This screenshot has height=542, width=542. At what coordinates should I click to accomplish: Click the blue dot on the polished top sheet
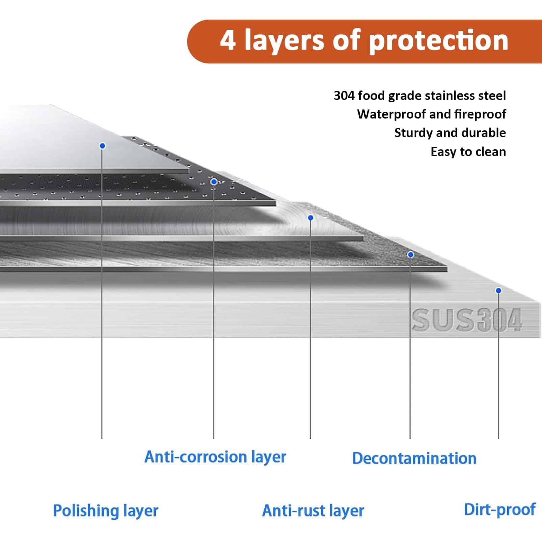(x=102, y=146)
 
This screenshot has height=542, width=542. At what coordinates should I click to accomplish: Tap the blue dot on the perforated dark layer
(x=214, y=182)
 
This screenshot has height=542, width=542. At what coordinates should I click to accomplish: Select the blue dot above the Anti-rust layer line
(x=311, y=218)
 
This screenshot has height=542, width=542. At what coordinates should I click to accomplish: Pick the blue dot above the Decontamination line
(x=411, y=255)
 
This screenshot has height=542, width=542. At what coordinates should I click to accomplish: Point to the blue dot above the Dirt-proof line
(x=498, y=291)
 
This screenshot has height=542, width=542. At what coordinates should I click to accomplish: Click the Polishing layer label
(x=106, y=511)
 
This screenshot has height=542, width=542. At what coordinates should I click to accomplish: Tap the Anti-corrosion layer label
(x=215, y=457)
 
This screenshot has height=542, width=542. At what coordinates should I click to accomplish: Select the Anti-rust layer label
(x=313, y=511)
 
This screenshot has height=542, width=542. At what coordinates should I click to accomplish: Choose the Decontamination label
(x=414, y=458)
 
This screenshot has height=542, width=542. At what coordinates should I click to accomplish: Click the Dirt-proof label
(x=500, y=510)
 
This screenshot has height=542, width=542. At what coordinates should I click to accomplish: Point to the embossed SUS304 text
(x=467, y=320)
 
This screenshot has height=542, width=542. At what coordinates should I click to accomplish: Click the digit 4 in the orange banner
(x=228, y=40)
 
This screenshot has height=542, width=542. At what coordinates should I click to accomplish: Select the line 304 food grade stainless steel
(x=420, y=96)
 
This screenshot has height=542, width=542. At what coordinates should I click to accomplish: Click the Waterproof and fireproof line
(x=432, y=114)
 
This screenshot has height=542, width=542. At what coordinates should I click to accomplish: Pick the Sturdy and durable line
(x=450, y=133)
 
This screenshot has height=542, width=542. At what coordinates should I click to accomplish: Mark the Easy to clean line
(x=468, y=152)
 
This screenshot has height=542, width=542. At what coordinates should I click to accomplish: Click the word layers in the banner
(x=284, y=41)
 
